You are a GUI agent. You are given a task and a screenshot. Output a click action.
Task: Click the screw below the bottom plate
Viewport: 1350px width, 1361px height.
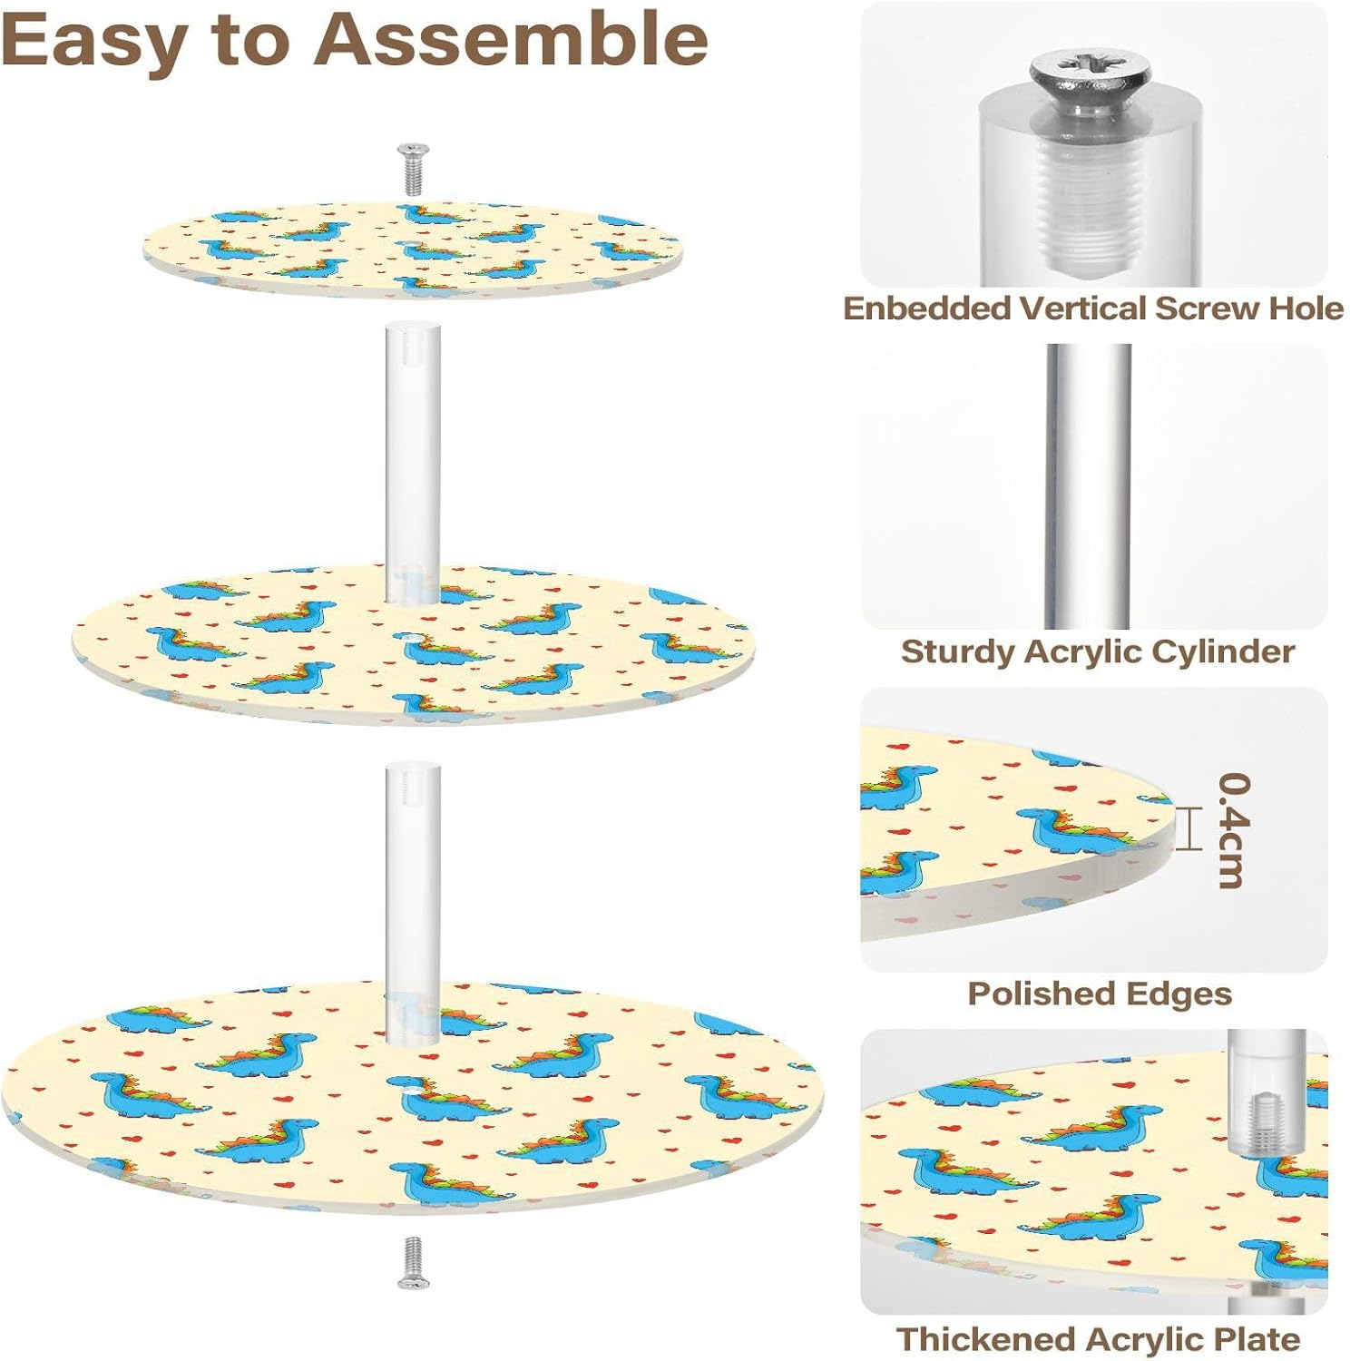[413, 1262]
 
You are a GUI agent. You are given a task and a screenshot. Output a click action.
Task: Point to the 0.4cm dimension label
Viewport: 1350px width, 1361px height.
[1234, 829]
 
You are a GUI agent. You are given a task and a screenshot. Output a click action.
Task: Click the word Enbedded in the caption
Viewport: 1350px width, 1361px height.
[926, 308]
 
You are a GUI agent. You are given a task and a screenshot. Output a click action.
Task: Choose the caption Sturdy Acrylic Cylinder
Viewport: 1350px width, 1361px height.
[1097, 651]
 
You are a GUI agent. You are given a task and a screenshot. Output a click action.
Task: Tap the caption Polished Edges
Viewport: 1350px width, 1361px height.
[1099, 994]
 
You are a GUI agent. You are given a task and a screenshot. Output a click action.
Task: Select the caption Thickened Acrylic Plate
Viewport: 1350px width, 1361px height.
[1098, 1338]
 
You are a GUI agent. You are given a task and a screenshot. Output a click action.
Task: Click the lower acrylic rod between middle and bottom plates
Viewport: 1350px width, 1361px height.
[413, 898]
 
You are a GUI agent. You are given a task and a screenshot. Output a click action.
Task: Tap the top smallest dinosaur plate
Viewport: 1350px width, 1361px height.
[413, 245]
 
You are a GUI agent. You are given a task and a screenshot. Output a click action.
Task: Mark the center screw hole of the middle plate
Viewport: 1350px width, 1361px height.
[414, 639]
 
